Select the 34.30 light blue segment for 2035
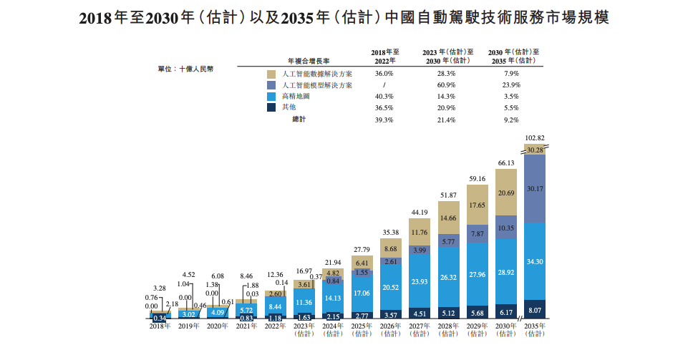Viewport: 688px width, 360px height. pos(535,261)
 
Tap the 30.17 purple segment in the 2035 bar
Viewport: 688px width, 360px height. pos(535,189)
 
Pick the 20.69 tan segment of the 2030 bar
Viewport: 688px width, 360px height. pos(506,193)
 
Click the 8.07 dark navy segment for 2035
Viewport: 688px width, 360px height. pos(535,310)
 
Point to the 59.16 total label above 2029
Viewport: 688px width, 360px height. pos(478,179)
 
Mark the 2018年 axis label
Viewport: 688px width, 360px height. pos(160,326)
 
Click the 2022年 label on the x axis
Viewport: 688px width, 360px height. pos(275,326)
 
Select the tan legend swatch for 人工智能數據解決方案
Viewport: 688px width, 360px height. pos(271,74)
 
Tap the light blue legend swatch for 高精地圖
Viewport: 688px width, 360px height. pos(271,96)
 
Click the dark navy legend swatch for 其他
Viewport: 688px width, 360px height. pos(271,107)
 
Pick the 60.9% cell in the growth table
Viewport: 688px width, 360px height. pos(447,85)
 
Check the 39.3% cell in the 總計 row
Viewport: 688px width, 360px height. pos(384,120)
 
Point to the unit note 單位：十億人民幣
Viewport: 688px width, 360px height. pos(185,69)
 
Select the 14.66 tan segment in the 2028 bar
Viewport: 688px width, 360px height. pos(449,218)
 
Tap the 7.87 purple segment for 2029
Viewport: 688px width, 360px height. pos(478,234)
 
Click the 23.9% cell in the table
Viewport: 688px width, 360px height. pos(511,85)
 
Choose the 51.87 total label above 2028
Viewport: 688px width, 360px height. pos(449,195)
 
